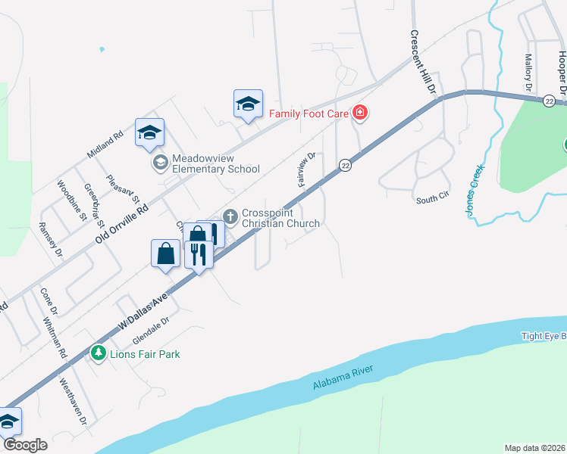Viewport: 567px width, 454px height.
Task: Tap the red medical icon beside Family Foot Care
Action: [360, 113]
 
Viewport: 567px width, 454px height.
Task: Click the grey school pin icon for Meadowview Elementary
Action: [160, 163]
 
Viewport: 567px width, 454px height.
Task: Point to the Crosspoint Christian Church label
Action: [280, 218]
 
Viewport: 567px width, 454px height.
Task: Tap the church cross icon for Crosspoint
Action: [230, 217]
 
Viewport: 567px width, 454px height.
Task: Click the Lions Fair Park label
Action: [144, 353]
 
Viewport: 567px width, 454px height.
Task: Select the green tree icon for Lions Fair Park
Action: [98, 353]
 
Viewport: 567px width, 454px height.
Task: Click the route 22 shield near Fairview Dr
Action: [345, 165]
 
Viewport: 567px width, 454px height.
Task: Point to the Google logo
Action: [24, 445]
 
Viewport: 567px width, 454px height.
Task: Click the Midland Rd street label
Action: [105, 145]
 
